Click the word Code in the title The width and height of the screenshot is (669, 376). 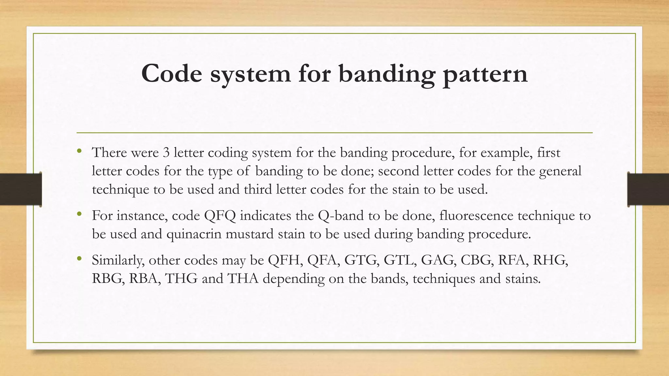click(172, 74)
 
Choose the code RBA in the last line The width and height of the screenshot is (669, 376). click(143, 279)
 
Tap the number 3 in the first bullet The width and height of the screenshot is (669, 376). click(166, 153)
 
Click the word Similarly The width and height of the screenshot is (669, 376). click(118, 260)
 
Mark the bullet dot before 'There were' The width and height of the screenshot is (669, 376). click(79, 151)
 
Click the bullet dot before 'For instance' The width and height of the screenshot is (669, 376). click(79, 214)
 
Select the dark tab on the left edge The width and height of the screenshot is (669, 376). click(21, 189)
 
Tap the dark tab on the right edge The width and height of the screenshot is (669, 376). click(648, 189)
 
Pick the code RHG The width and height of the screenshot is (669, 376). click(550, 260)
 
